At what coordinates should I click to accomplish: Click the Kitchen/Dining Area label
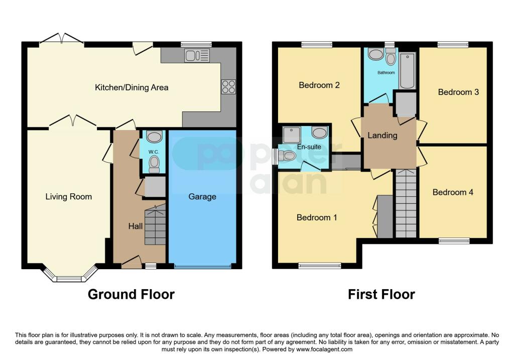tap(132, 87)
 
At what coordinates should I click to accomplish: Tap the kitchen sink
tap(197, 55)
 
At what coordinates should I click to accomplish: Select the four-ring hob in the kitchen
tap(228, 86)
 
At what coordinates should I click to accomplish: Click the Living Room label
tap(68, 197)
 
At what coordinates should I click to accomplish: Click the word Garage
tap(202, 197)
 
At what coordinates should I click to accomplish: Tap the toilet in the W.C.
tap(154, 164)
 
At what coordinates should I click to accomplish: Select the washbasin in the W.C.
tap(154, 137)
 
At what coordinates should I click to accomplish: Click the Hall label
tap(136, 226)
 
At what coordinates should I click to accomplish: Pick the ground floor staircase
tap(155, 224)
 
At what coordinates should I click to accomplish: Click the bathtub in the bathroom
tap(407, 70)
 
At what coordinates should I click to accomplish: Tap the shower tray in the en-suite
tap(292, 135)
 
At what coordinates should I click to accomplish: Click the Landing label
tap(382, 136)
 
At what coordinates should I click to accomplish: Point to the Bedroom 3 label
tap(458, 92)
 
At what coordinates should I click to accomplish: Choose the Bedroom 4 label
tap(453, 192)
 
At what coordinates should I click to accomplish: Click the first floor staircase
tap(406, 203)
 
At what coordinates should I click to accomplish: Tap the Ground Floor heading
tap(131, 294)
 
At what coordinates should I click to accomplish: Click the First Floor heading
tap(381, 294)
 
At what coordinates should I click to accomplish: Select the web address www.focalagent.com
tap(324, 349)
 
